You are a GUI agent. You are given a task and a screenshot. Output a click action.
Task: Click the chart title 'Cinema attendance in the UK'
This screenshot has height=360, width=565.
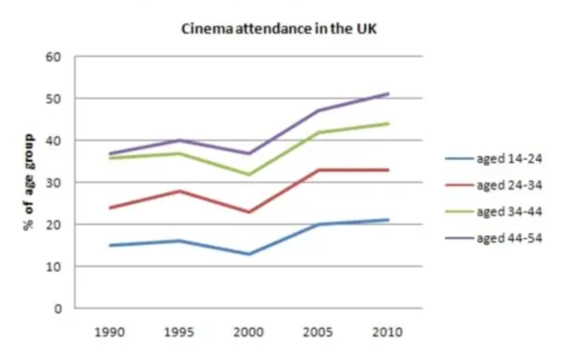tap(284, 31)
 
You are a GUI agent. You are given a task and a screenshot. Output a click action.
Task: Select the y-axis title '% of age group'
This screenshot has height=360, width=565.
tap(29, 182)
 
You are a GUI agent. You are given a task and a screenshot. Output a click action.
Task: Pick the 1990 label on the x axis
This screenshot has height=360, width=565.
tap(110, 331)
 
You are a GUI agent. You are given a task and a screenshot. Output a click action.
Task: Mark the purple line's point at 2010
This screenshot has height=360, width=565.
tap(388, 94)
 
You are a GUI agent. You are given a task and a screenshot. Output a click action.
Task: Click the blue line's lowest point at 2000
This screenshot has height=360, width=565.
tap(249, 254)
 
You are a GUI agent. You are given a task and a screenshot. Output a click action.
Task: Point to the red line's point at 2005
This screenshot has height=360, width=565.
tap(319, 170)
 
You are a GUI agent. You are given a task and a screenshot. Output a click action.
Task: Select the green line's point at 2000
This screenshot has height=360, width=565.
tap(249, 175)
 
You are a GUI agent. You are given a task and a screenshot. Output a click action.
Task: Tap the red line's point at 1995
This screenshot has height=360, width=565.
tap(180, 191)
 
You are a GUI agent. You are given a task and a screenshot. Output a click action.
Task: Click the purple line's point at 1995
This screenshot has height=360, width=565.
tap(180, 140)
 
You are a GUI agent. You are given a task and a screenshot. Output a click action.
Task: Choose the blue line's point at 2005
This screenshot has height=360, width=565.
tap(319, 224)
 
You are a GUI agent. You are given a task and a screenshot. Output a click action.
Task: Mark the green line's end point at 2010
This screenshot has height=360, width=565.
tap(388, 124)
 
